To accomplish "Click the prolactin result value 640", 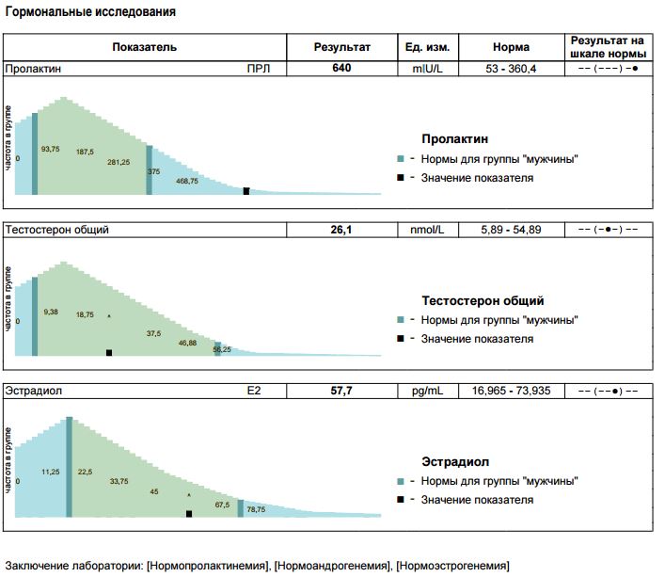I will (341, 69).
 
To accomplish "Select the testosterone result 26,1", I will (341, 230).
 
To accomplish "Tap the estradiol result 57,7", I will (341, 390).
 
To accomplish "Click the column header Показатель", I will (144, 47).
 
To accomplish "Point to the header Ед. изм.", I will (427, 47).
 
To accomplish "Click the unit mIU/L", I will (427, 69).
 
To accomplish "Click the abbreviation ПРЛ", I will (258, 69).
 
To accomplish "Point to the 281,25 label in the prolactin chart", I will (119, 162).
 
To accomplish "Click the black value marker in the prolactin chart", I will (246, 191).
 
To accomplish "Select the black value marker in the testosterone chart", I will (109, 352).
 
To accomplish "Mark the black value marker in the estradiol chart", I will (189, 514).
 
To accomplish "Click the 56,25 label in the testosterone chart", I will (222, 350).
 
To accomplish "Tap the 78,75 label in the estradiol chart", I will (256, 509).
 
